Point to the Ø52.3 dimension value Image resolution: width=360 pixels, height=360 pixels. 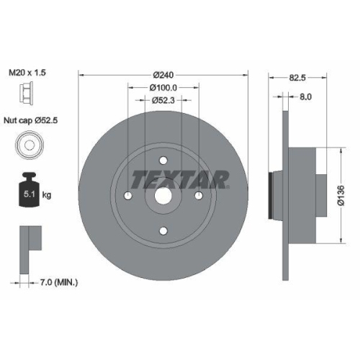tap(163, 101)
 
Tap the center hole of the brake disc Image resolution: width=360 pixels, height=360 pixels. tap(163, 195)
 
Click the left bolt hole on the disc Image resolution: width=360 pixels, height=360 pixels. tap(127, 195)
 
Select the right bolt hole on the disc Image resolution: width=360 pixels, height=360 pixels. tap(198, 195)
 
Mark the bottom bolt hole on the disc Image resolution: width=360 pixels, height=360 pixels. tap(163, 230)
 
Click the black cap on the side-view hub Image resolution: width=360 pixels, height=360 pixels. tap(270, 195)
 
